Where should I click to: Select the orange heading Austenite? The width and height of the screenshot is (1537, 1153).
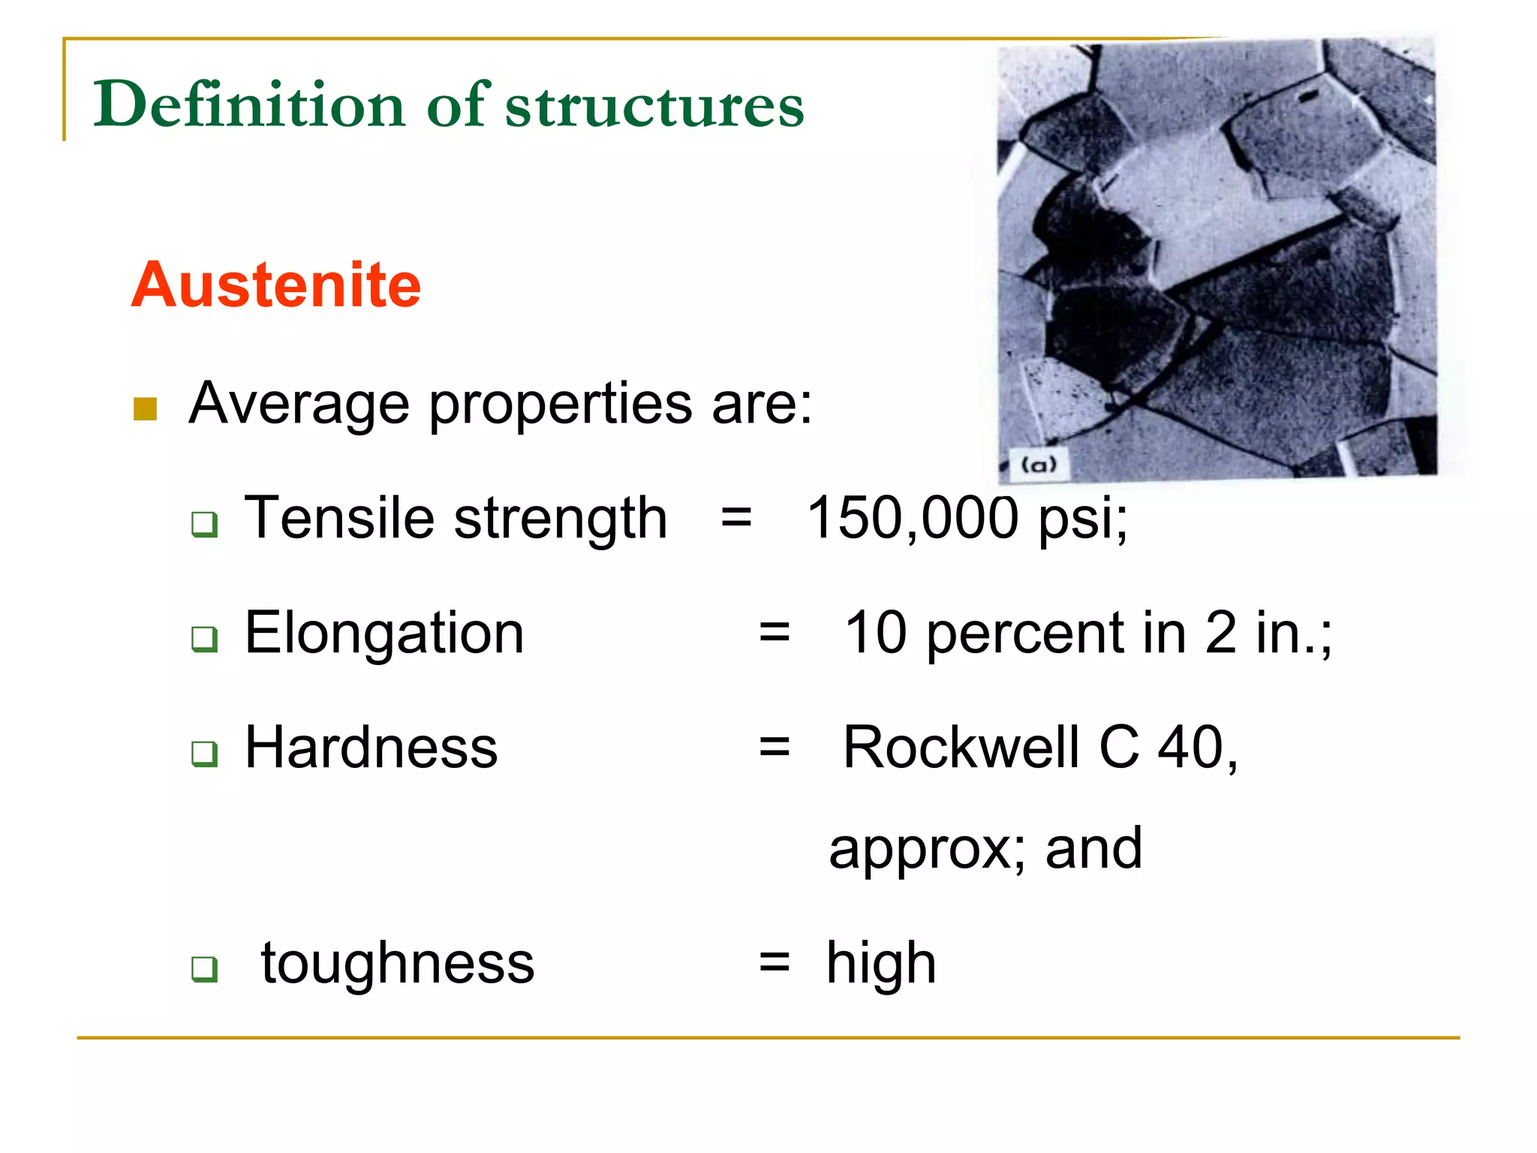click(x=276, y=284)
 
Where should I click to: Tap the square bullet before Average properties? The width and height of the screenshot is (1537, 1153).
click(x=145, y=409)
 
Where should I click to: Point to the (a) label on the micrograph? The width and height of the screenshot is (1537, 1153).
click(x=1039, y=465)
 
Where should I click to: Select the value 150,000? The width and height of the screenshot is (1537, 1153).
click(x=912, y=518)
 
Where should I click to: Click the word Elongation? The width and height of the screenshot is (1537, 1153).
click(x=384, y=633)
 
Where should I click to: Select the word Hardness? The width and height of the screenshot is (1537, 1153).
click(x=371, y=748)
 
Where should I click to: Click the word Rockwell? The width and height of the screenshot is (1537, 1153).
click(x=961, y=748)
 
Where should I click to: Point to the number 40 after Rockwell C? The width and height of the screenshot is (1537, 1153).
click(x=1190, y=748)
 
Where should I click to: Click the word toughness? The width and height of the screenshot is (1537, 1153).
click(x=398, y=962)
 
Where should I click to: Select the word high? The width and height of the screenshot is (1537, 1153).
click(x=881, y=964)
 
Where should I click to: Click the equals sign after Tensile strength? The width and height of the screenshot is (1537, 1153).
click(x=736, y=518)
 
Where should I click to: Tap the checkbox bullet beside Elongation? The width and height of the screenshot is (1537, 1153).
click(x=204, y=639)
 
